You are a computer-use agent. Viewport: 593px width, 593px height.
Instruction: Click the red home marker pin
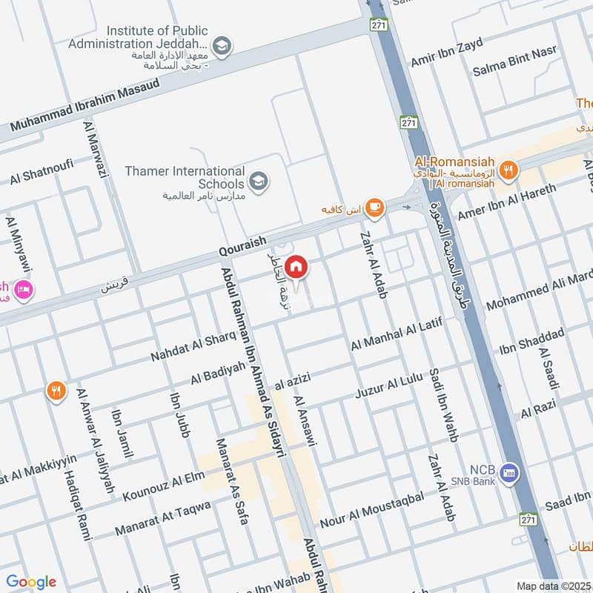click(x=296, y=265)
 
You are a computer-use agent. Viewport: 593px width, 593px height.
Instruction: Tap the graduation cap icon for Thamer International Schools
click(x=258, y=181)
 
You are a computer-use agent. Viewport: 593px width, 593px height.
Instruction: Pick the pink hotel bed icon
click(x=23, y=290)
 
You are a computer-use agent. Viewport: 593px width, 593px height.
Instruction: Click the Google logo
click(x=31, y=582)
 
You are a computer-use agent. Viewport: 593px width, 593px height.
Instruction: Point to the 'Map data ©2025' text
click(x=553, y=586)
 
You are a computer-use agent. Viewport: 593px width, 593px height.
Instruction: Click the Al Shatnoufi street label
click(x=42, y=173)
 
